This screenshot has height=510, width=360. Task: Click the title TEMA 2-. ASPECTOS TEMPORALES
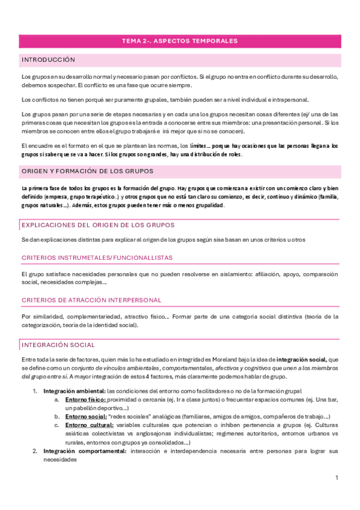tap(180, 41)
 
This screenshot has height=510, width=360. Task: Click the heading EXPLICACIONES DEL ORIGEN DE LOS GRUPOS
tap(97, 224)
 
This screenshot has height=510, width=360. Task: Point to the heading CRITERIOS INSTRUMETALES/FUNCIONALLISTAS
tap(97, 257)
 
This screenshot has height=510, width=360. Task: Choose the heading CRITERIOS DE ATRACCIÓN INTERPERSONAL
tap(91, 300)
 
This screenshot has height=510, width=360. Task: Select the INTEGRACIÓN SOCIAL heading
tap(58, 345)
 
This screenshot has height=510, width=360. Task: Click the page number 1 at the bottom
tap(337, 478)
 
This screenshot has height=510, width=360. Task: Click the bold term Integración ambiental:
tap(74, 374)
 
